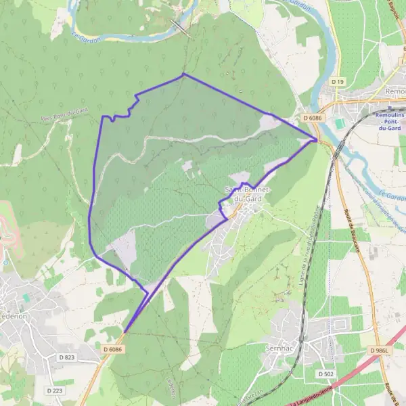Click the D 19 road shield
338,81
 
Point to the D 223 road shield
55,390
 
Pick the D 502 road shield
325,374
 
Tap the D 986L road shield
380,351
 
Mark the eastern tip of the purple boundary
317,140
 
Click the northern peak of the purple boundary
183,74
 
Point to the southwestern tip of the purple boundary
124,332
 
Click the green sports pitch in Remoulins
339,123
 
